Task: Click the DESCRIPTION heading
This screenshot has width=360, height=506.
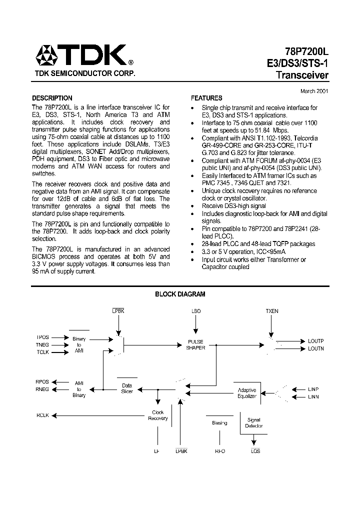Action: pyautogui.click(x=52, y=98)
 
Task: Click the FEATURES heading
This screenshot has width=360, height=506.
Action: pyautogui.click(x=206, y=98)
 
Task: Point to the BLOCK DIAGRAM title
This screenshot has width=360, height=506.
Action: pyautogui.click(x=180, y=294)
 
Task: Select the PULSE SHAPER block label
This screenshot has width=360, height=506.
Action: pyautogui.click(x=195, y=345)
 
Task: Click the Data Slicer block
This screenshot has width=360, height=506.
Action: pyautogui.click(x=127, y=388)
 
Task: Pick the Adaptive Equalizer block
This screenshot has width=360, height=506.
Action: pyautogui.click(x=247, y=393)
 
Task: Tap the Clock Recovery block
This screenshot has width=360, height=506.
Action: pyautogui.click(x=157, y=415)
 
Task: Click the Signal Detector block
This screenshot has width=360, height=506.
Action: pyautogui.click(x=253, y=423)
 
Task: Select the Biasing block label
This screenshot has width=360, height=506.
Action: pyautogui.click(x=219, y=423)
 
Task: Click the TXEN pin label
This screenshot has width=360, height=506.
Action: pyautogui.click(x=272, y=311)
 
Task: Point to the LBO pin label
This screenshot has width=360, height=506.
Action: pyautogui.click(x=196, y=311)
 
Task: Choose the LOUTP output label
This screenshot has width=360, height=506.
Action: pyautogui.click(x=315, y=341)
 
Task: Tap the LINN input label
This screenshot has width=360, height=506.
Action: pyautogui.click(x=313, y=396)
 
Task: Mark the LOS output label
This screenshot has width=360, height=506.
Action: pyautogui.click(x=255, y=451)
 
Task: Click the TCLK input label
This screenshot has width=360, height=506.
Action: pyautogui.click(x=42, y=352)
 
